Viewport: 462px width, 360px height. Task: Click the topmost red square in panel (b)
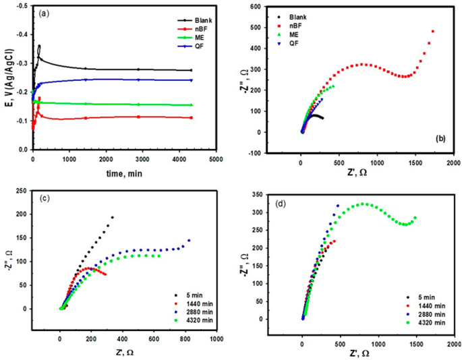pos(433,31)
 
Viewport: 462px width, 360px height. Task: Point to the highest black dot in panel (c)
pos(112,217)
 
